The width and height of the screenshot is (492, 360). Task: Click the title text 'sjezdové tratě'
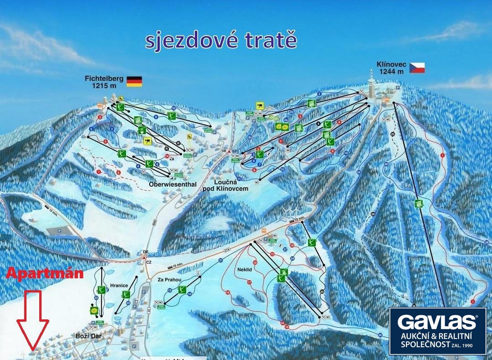pos(221,40)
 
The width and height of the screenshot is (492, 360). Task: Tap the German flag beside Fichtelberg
pos(134,81)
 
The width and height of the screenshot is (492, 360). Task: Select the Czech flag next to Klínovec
pos(417,68)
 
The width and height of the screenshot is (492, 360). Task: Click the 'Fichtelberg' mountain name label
pos(104,78)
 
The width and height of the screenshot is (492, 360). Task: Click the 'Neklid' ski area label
pos(245,270)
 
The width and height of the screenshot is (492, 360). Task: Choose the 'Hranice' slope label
pos(118,287)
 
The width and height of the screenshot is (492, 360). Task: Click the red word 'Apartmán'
pos(45,274)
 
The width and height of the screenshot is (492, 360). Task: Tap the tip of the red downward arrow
pos(32,350)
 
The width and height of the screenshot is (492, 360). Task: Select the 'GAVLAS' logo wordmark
pos(437,322)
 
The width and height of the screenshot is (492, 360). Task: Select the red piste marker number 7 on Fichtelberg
pos(98,172)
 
